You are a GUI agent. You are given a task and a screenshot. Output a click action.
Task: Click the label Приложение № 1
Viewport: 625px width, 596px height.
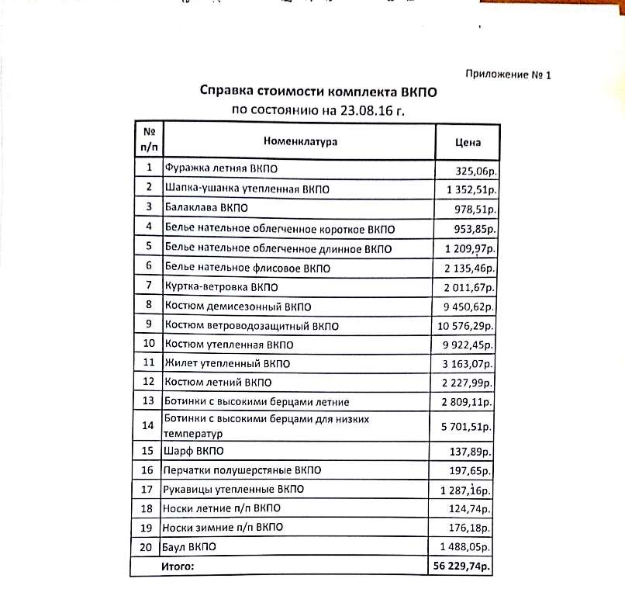click(507, 75)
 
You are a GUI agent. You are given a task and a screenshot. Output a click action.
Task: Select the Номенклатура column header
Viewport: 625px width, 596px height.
click(300, 142)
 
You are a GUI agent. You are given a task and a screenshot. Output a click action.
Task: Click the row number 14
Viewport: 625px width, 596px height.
click(147, 424)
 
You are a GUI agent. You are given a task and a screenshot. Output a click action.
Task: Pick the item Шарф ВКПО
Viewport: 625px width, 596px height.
click(187, 450)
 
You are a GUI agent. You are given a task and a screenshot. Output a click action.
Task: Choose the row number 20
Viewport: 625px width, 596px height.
click(147, 547)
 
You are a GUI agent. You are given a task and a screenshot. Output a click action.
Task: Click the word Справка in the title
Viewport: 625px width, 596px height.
click(226, 92)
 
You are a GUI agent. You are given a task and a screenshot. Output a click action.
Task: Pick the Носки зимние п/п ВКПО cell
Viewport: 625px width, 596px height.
click(223, 528)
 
